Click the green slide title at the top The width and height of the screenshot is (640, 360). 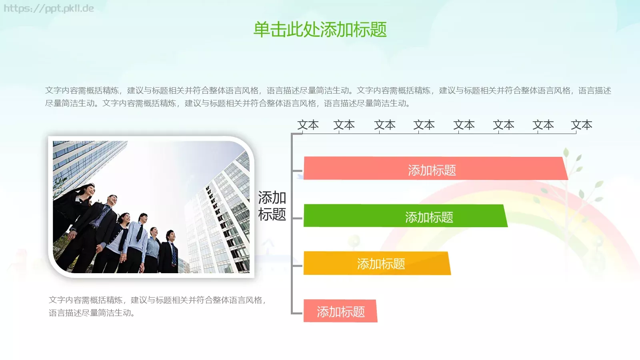click(320, 30)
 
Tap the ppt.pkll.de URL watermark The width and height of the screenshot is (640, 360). click(49, 8)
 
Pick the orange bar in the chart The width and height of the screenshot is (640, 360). click(376, 263)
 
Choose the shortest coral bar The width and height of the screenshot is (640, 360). click(340, 311)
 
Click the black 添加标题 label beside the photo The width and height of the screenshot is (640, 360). click(272, 206)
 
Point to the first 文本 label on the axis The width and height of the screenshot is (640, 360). click(308, 125)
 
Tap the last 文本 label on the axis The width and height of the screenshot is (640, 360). click(581, 125)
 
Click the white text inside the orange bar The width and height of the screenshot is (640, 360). click(381, 264)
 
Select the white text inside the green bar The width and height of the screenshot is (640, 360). click(429, 217)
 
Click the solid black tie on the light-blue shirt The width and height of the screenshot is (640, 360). click(140, 232)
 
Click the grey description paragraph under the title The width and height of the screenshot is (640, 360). click(328, 97)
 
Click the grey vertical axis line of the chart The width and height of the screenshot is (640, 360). click(292, 224)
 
